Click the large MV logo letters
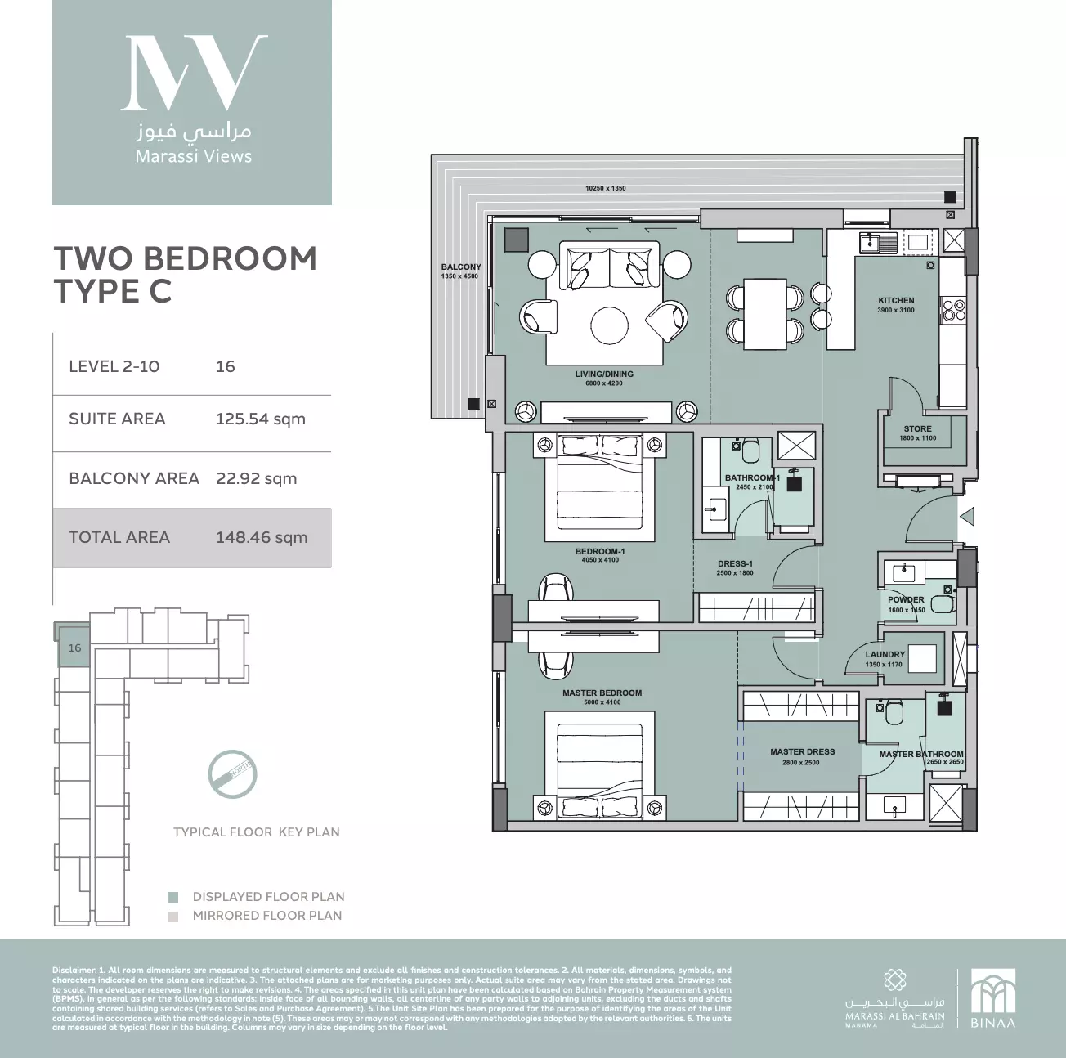point(193,73)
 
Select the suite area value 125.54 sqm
point(260,419)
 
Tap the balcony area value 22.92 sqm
point(256,478)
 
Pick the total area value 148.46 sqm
point(262,537)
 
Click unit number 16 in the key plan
point(74,648)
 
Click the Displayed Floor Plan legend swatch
point(172,897)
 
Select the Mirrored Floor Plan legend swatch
point(172,917)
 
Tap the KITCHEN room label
point(896,300)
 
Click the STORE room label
point(917,428)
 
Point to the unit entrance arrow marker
point(966,517)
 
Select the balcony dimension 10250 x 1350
point(605,188)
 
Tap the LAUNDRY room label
point(885,654)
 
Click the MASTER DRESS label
point(802,751)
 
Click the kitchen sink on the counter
point(879,241)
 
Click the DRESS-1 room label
point(735,563)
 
